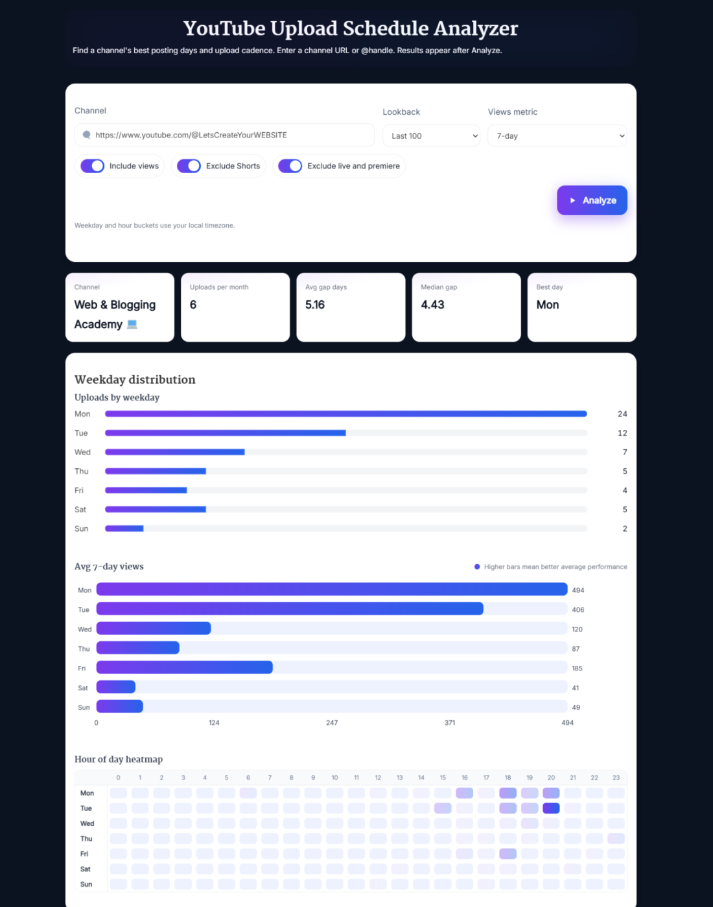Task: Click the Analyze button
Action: tap(592, 200)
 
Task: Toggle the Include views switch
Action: tap(93, 166)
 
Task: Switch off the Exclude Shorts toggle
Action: tap(189, 166)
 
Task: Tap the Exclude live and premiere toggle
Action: tap(290, 166)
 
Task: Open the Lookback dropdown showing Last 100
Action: tap(431, 136)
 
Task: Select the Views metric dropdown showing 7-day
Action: tap(557, 136)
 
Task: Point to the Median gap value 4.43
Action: tap(432, 305)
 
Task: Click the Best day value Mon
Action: tap(548, 305)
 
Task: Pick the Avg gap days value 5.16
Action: tap(315, 305)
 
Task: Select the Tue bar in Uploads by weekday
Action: tap(225, 433)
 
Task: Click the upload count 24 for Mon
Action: tap(622, 414)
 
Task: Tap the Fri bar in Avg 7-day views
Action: tap(184, 667)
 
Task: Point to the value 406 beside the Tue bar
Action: tap(578, 610)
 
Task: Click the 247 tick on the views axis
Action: tap(332, 722)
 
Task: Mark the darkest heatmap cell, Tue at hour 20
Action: tap(551, 808)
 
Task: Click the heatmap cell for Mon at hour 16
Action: tap(464, 793)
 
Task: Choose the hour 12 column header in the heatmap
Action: tap(378, 777)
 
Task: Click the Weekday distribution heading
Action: tap(135, 380)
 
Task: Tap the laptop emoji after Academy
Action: tap(132, 324)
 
